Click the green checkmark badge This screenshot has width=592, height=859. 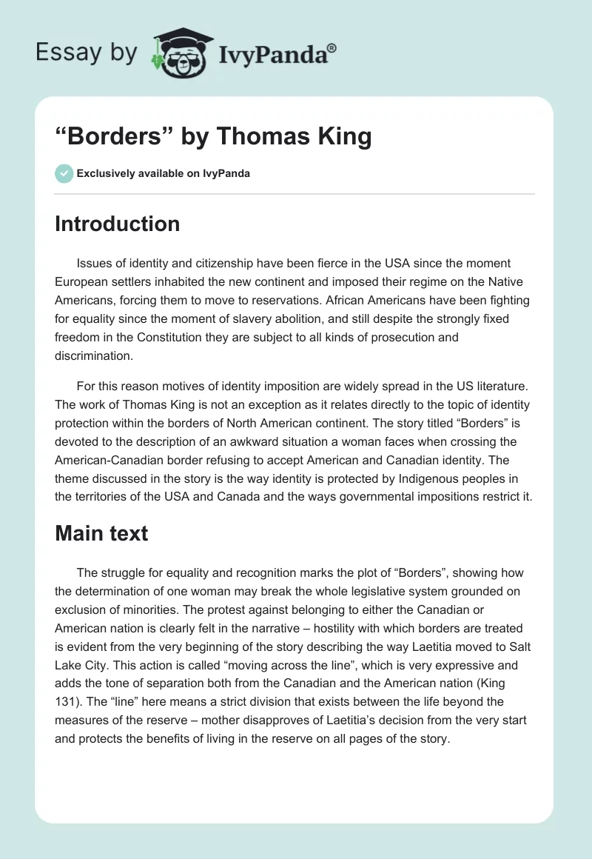pos(64,173)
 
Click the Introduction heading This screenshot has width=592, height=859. pos(117,224)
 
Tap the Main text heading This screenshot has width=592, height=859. pos(101,533)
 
